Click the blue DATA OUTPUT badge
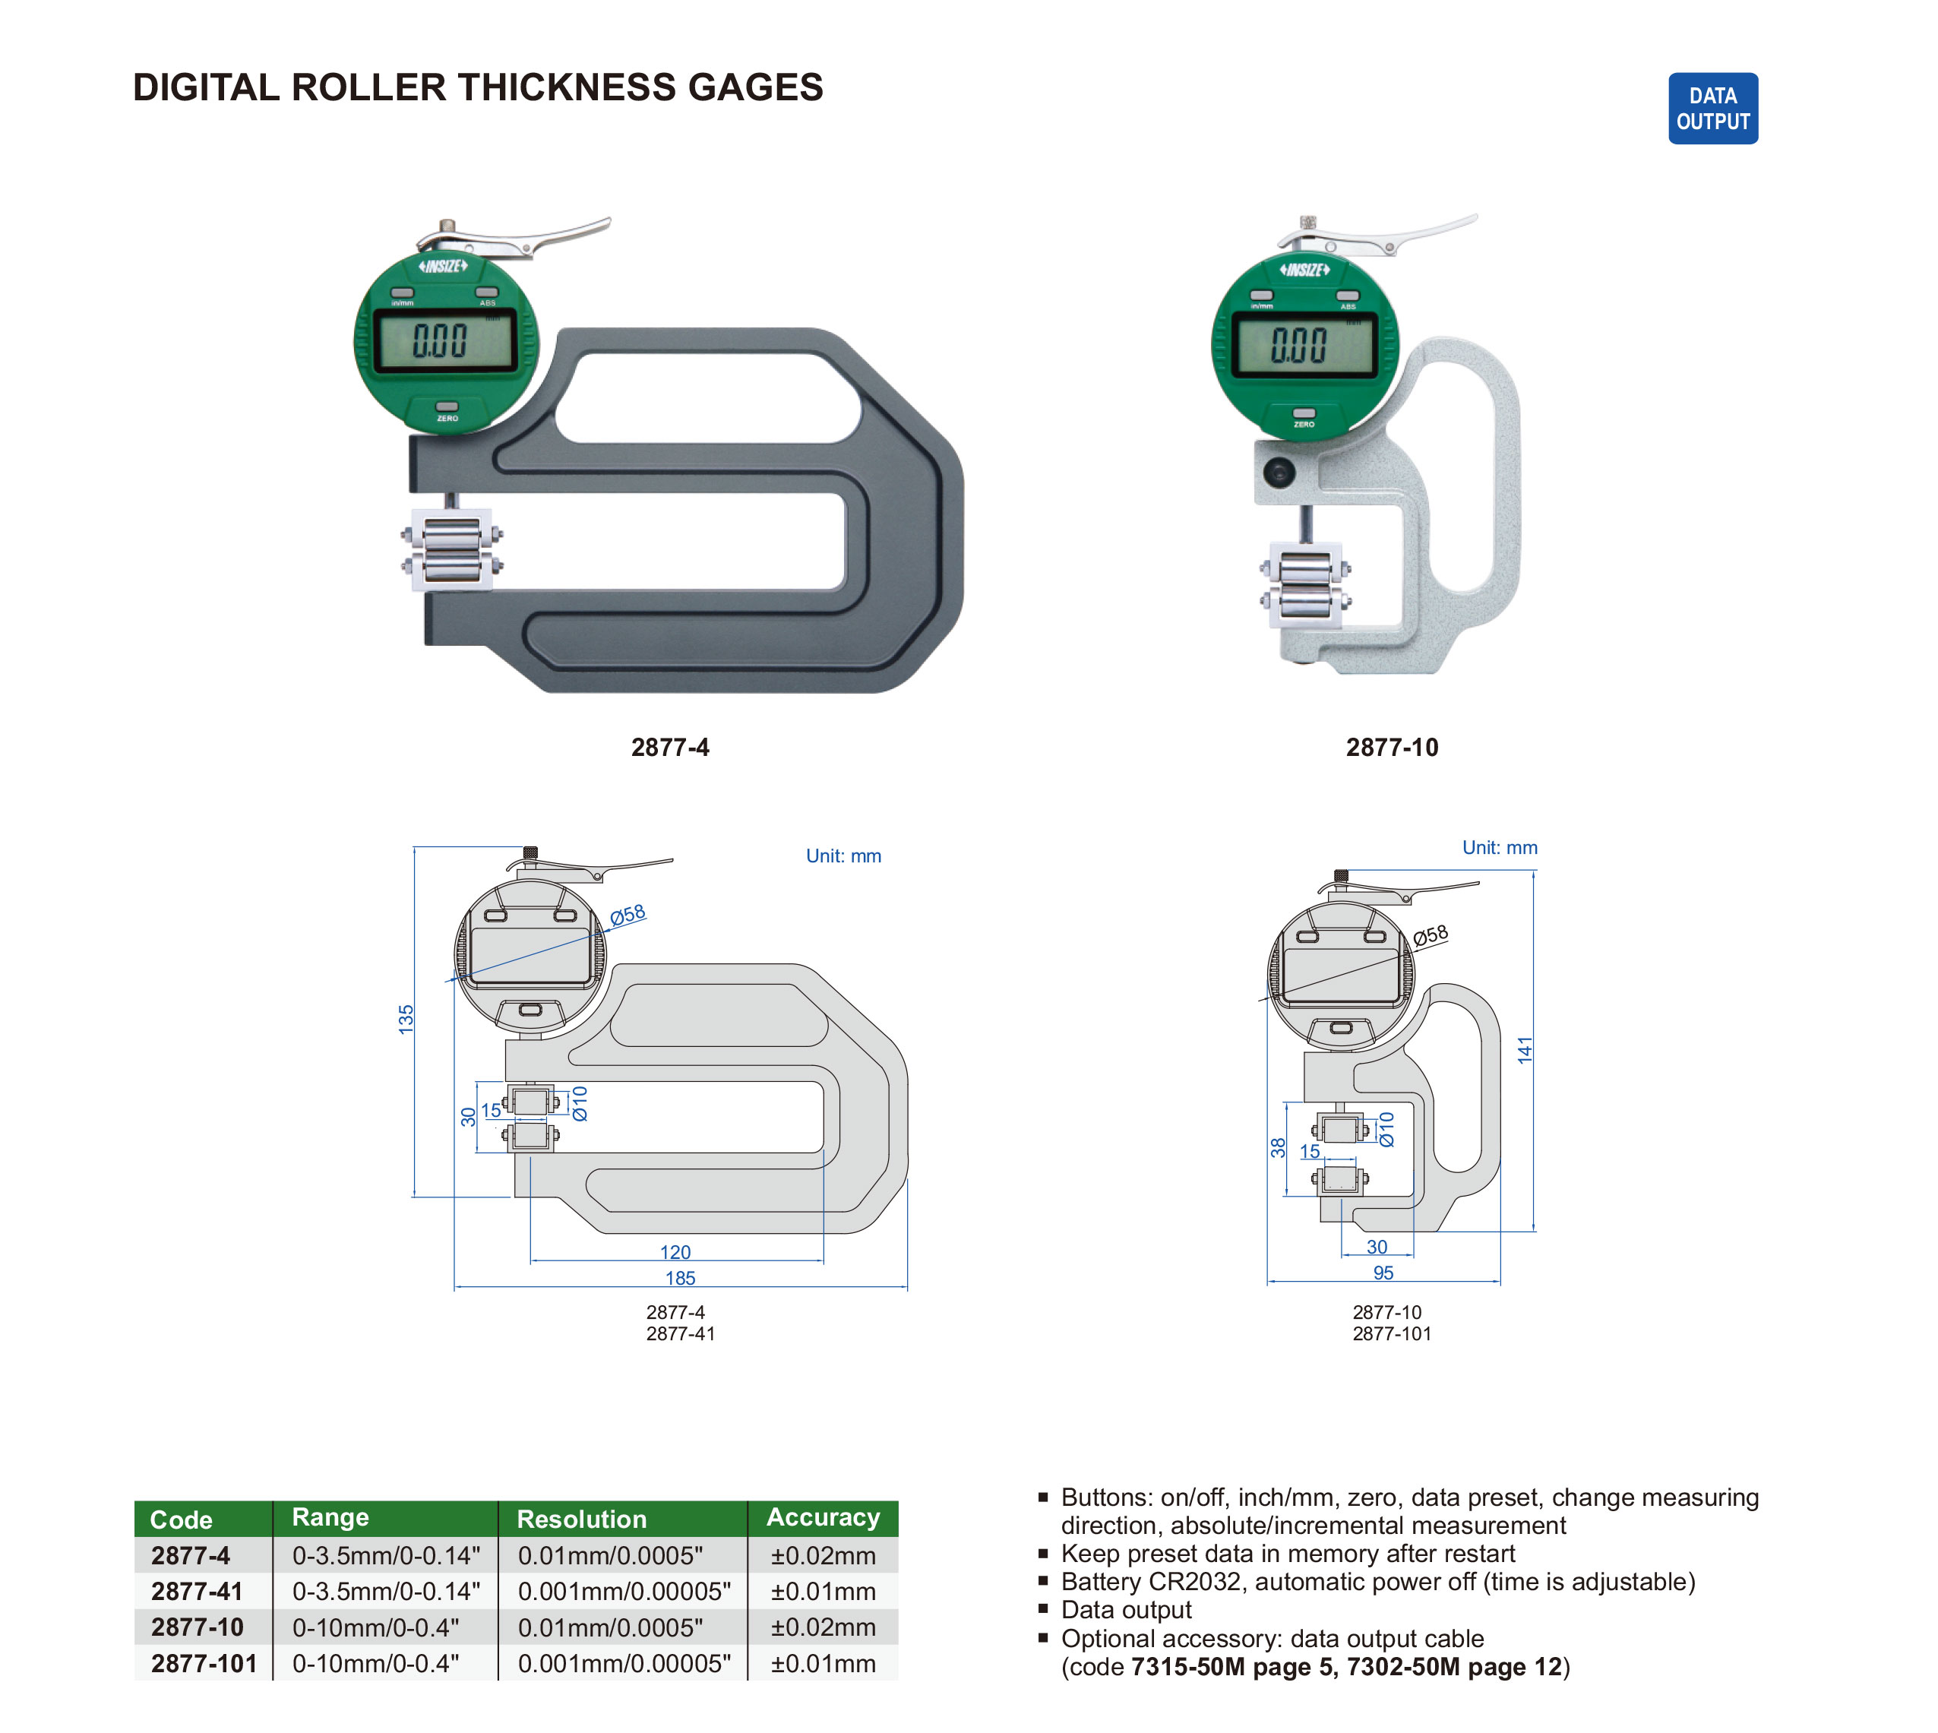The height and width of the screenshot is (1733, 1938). point(1712,109)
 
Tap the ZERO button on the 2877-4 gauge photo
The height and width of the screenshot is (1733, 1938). point(447,409)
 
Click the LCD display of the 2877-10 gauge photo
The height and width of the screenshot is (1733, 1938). point(1303,343)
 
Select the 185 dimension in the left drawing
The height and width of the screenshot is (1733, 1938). point(680,1278)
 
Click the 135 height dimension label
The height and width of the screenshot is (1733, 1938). point(406,1019)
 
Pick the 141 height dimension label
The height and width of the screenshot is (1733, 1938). point(1525,1050)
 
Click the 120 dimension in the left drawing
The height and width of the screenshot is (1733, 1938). point(675,1252)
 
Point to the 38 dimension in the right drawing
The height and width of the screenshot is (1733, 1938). point(1278,1147)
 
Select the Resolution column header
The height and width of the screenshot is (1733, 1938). point(581,1519)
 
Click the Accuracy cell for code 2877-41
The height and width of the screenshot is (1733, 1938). point(823,1591)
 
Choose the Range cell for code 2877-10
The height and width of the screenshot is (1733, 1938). point(375,1627)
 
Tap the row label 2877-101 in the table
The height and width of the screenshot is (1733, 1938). point(204,1664)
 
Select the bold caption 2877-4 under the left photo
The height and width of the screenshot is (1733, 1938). point(669,748)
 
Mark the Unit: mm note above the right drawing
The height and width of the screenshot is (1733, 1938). point(1499,847)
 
